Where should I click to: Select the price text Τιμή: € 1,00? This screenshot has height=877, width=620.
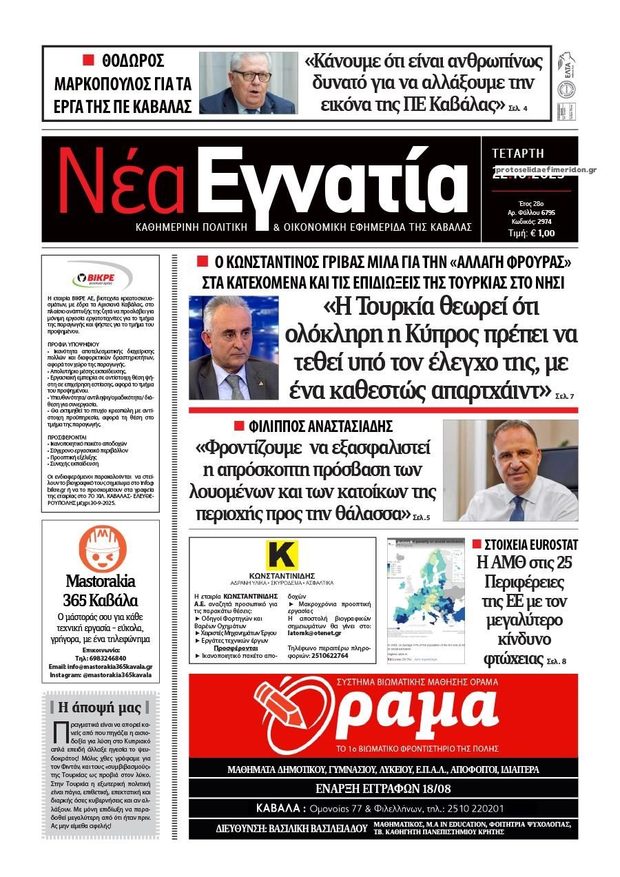coord(531,233)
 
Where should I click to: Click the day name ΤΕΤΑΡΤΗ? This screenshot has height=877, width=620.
coord(518,153)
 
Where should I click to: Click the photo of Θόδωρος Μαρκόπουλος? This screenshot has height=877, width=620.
coord(248,83)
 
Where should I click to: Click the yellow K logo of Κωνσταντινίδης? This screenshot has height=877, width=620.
coord(281,555)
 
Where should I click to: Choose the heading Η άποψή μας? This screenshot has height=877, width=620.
coord(99,708)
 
